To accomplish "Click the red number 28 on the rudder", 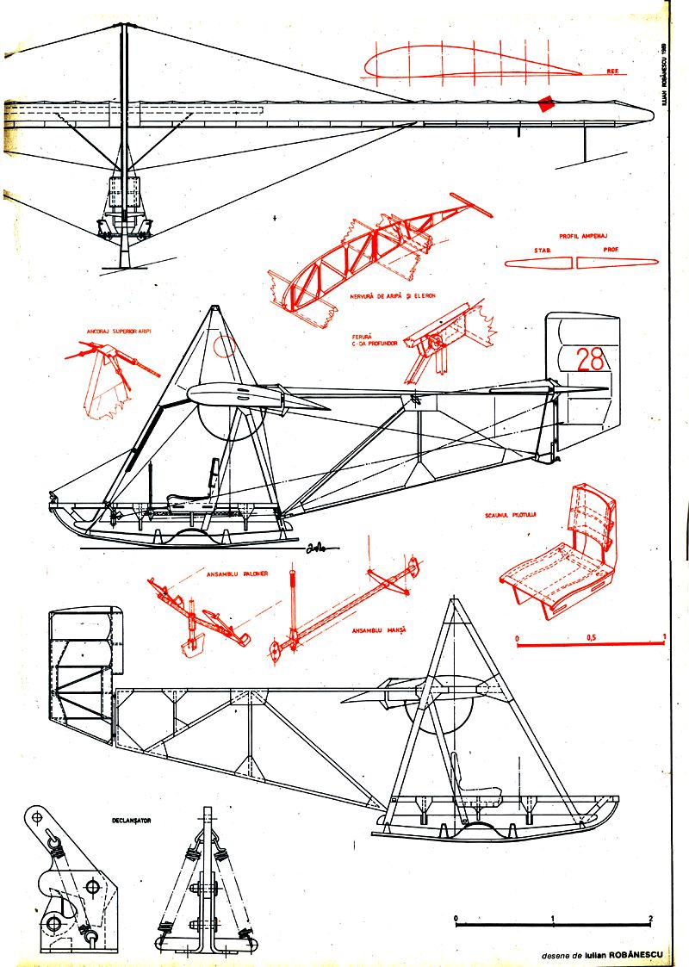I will [x=590, y=359].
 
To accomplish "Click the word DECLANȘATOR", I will [x=131, y=821].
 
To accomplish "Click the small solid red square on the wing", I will [x=545, y=105].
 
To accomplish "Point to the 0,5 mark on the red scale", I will [x=591, y=637].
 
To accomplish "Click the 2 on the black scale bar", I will [x=651, y=917].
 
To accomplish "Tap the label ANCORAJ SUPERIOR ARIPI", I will [x=113, y=330].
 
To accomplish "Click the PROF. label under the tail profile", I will [x=610, y=250].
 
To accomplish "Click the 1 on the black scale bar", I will [x=552, y=917].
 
